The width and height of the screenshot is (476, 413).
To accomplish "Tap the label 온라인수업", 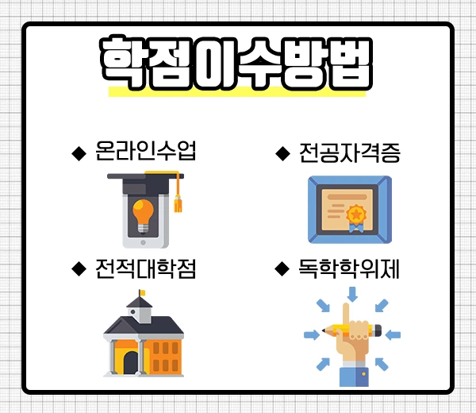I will tap(144, 151).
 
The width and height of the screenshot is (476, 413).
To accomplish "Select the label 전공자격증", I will tap(349, 151).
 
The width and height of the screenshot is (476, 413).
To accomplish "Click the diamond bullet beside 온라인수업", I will tap(78, 152).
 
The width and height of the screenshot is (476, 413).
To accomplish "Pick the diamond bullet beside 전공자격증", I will tap(282, 152).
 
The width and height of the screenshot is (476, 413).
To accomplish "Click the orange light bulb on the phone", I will tap(143, 213).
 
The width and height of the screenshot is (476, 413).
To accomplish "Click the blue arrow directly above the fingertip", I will tap(352, 295).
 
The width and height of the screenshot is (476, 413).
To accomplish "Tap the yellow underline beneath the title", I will tap(236, 91).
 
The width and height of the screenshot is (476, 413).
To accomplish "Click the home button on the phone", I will tap(143, 238).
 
